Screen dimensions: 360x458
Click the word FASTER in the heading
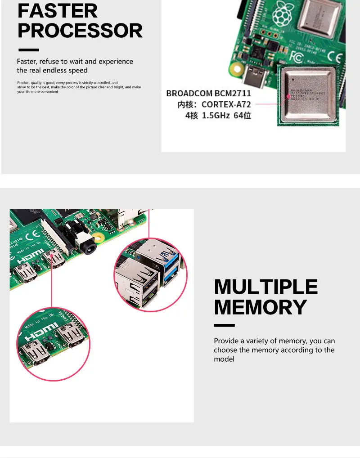58,10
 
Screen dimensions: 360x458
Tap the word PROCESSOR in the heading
80,31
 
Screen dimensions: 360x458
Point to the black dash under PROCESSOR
28,50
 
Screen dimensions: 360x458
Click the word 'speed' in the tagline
78,70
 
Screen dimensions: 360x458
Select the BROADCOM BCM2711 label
209,94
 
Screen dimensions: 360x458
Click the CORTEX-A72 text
226,104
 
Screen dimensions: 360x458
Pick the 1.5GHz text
216,115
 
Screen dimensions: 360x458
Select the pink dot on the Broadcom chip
288,96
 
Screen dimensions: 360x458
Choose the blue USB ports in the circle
171,268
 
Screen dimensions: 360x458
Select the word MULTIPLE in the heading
266,287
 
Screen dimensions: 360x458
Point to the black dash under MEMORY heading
224,325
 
